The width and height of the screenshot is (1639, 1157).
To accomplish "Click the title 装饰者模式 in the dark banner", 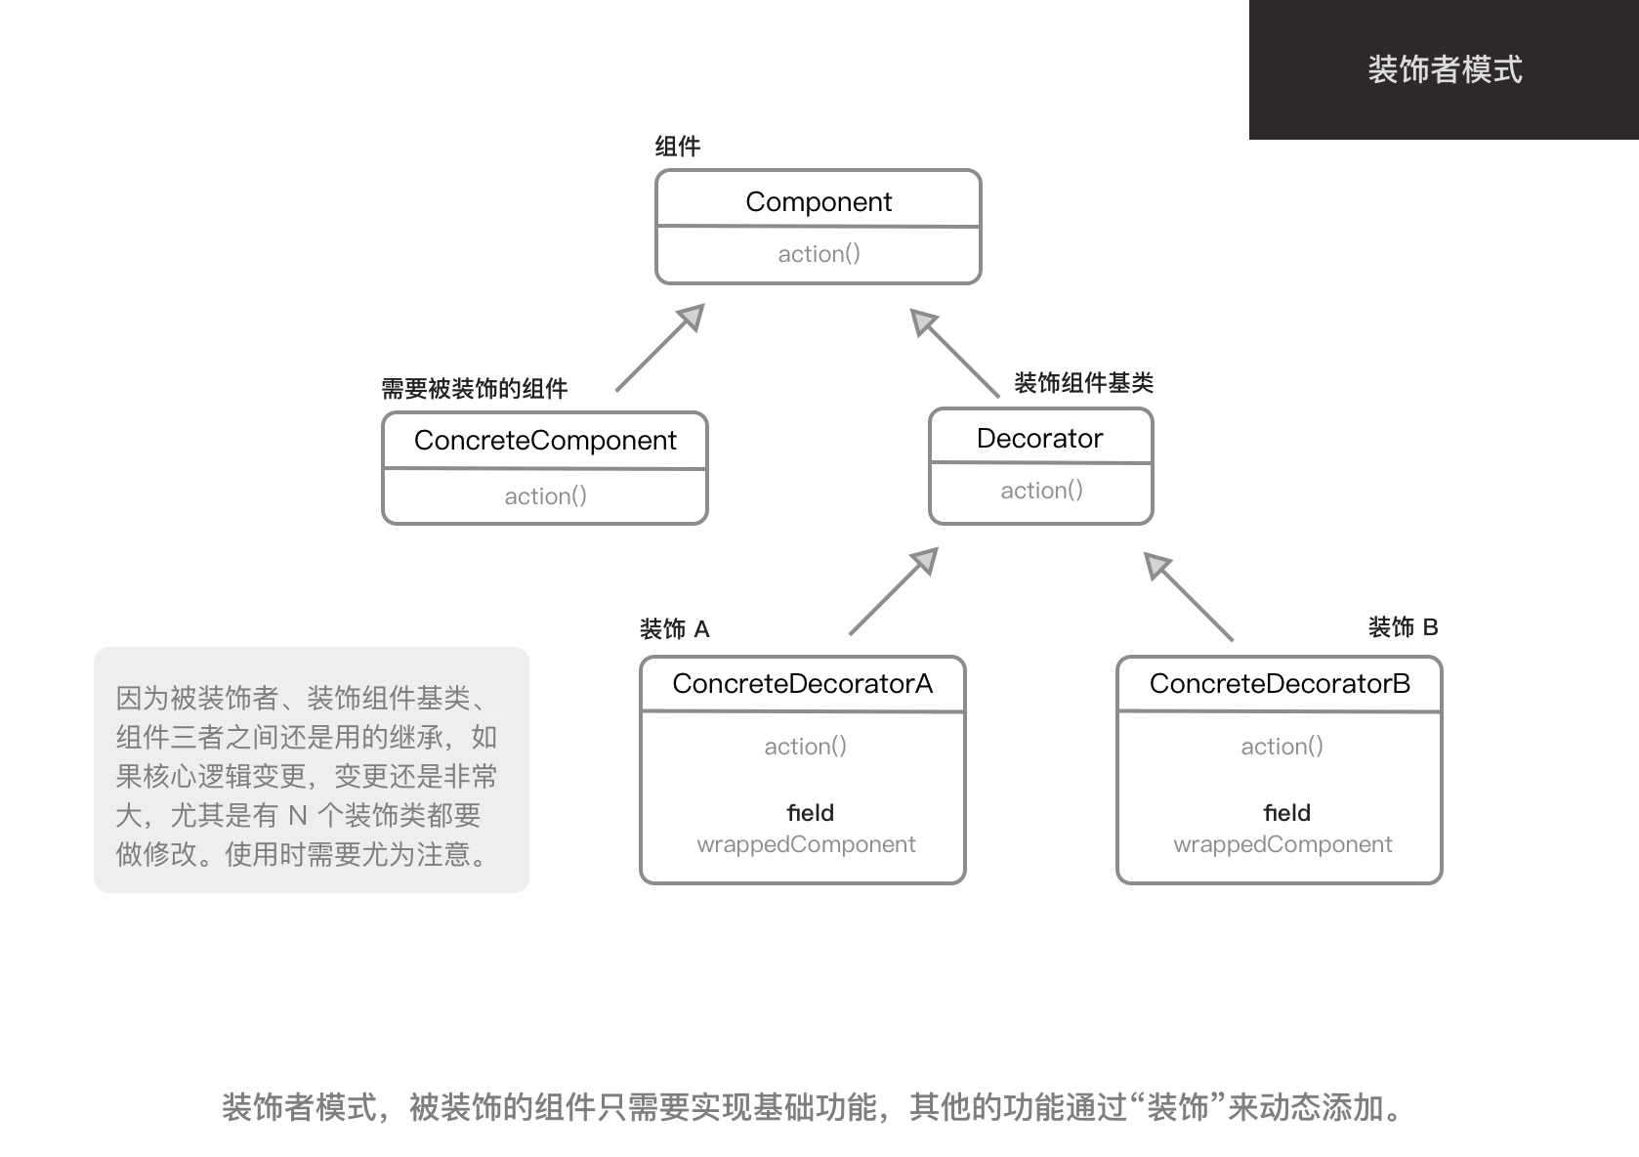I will tap(1444, 69).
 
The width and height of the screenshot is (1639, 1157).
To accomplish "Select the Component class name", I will tap(818, 201).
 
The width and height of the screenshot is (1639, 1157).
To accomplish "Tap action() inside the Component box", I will tap(819, 254).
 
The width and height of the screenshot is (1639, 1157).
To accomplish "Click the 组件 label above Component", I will tap(677, 147).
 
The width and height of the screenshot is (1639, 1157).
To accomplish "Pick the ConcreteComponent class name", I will tap(544, 441).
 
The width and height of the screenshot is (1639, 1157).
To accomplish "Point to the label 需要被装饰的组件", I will tap(474, 389).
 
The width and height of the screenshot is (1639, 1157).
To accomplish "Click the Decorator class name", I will tap(1039, 439).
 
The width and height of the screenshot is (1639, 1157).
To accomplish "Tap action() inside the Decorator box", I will tap(1041, 491).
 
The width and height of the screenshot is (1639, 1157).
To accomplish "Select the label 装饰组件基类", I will tap(1083, 383).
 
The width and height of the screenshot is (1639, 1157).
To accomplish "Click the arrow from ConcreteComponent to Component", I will tap(659, 348).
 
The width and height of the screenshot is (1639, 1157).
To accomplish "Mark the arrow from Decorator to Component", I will tap(954, 353).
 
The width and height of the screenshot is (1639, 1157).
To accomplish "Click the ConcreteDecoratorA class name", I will tap(802, 684).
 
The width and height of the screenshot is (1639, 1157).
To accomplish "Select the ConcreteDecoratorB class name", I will tap(1280, 684).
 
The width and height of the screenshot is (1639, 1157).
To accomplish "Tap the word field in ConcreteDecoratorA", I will tap(810, 813).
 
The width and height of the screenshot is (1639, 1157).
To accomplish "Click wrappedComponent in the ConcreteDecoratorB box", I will tap(1282, 844).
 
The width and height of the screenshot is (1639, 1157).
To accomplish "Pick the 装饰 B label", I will tap(1403, 627).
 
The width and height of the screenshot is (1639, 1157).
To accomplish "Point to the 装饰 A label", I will tap(674, 629).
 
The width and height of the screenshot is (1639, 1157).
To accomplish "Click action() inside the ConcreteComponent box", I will tap(545, 496).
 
